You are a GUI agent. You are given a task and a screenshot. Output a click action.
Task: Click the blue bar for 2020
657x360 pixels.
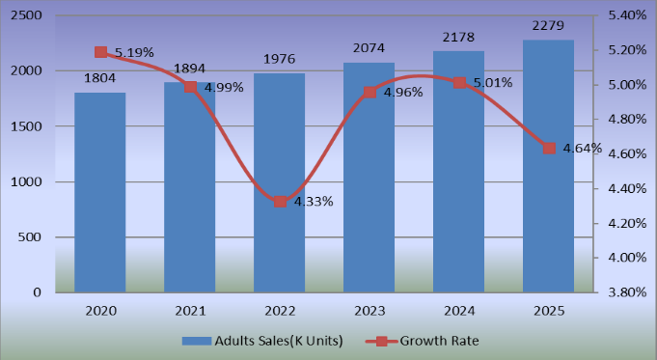click(x=100, y=193)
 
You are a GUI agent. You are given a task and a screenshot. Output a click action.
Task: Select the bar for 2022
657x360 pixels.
click(x=280, y=183)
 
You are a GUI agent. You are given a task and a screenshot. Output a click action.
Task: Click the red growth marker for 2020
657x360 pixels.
click(x=100, y=52)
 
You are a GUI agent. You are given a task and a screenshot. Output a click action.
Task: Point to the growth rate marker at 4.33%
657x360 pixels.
click(x=280, y=201)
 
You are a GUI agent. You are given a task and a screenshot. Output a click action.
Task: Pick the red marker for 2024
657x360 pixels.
click(x=459, y=83)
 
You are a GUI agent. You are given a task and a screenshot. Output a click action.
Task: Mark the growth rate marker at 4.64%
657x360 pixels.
click(x=549, y=148)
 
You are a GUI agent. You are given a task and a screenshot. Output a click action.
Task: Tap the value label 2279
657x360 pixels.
click(x=548, y=25)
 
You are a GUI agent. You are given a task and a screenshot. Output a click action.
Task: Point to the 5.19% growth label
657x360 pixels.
click(x=134, y=53)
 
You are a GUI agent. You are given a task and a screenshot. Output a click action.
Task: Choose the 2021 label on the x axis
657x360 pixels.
click(x=190, y=313)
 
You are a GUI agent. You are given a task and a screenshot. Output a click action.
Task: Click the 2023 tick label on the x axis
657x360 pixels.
click(x=369, y=313)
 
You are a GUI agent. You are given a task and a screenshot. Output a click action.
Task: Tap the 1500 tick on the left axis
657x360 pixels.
click(x=29, y=126)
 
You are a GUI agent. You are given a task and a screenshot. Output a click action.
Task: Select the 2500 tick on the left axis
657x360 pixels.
click(x=29, y=16)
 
